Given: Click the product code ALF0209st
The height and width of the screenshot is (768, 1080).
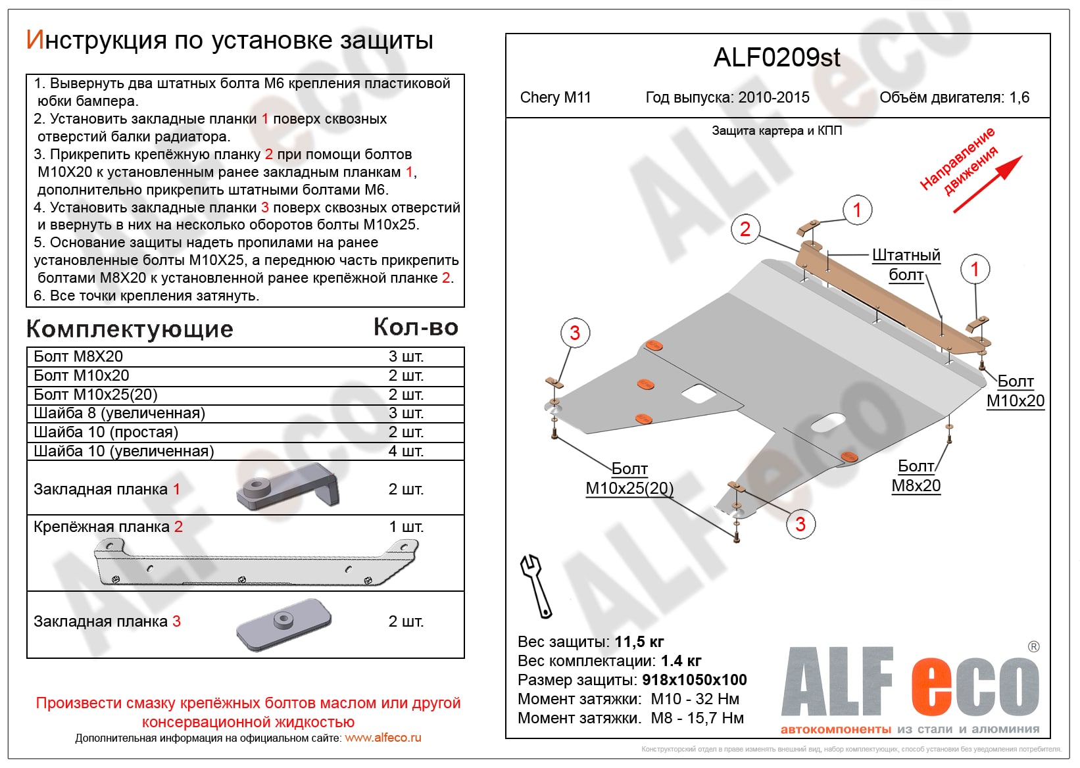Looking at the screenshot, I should (x=777, y=58).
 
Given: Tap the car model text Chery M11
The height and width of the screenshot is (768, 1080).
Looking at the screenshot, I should (x=555, y=98).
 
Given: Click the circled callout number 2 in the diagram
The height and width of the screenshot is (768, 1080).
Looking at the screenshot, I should (x=745, y=229).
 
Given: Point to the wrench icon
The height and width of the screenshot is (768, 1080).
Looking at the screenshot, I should (x=536, y=586).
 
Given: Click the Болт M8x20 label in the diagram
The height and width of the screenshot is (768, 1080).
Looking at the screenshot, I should (x=916, y=476).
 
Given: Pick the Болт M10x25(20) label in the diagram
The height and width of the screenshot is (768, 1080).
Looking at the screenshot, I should (x=629, y=479).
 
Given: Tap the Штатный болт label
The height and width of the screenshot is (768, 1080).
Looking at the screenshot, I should (x=906, y=265).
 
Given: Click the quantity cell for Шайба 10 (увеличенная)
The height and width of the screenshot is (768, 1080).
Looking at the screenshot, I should (x=406, y=451).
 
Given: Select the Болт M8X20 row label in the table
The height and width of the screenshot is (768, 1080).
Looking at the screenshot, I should (x=78, y=356).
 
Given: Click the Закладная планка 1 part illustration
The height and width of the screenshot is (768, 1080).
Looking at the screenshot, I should (x=287, y=487).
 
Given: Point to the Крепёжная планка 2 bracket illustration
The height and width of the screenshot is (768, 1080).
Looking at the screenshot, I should (x=257, y=561).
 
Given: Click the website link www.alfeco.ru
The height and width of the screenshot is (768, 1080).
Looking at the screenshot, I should (x=383, y=738).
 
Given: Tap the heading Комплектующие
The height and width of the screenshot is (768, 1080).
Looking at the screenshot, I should (x=130, y=329).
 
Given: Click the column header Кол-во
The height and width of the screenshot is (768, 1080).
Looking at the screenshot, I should (x=416, y=327).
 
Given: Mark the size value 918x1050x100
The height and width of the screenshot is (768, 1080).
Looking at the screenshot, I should (x=695, y=680).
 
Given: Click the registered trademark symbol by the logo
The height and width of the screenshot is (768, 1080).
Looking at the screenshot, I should (x=1033, y=647).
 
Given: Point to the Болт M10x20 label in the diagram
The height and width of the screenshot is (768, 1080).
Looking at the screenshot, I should (x=1016, y=391).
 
